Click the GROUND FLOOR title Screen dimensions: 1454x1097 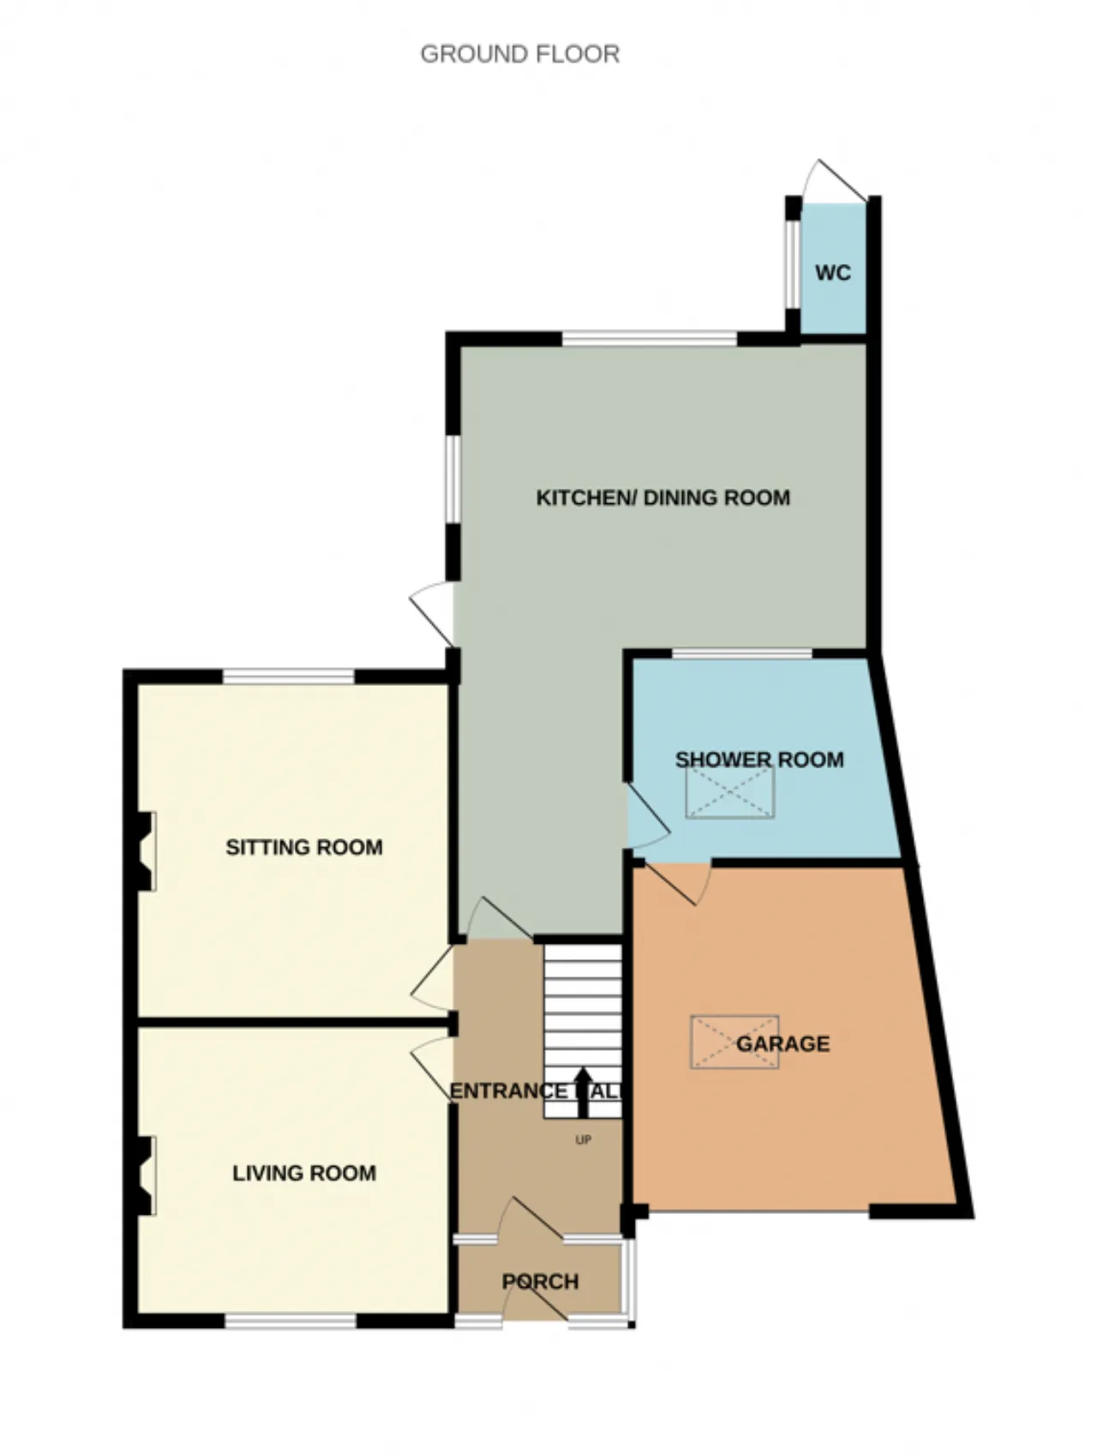pyautogui.click(x=519, y=54)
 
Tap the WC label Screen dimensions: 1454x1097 pyautogui.click(x=833, y=273)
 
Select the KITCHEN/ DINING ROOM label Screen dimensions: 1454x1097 pyautogui.click(x=662, y=498)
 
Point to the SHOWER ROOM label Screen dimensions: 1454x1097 pyautogui.click(x=759, y=760)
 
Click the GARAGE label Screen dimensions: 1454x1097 pyautogui.click(x=782, y=1043)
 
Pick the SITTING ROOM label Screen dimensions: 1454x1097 pyautogui.click(x=304, y=847)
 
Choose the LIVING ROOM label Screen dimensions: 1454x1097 pyautogui.click(x=304, y=1173)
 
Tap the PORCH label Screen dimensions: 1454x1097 pyautogui.click(x=540, y=1282)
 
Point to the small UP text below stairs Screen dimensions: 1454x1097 pyautogui.click(x=583, y=1140)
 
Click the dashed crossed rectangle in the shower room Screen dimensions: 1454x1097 pyautogui.click(x=729, y=792)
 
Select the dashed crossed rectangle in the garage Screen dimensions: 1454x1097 pyautogui.click(x=734, y=1042)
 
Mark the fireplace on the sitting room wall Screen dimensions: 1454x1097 pyautogui.click(x=145, y=851)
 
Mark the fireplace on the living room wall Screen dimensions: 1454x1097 pyautogui.click(x=145, y=1175)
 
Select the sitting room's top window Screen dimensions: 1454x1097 pyautogui.click(x=288, y=677)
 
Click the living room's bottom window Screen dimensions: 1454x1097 pyautogui.click(x=291, y=1322)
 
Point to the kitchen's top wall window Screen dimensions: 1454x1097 pyautogui.click(x=650, y=339)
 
